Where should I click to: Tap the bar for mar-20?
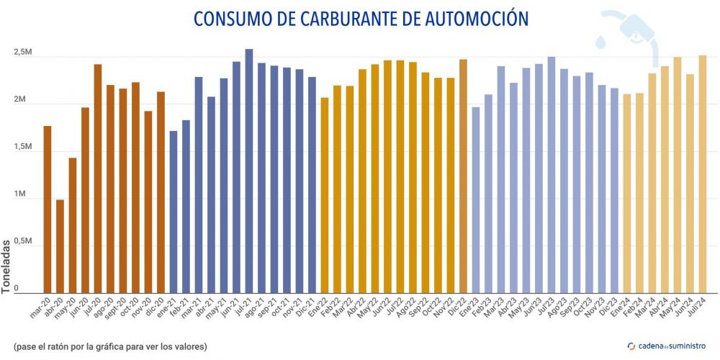click(x=48, y=209)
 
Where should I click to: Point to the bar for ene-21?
click(x=174, y=212)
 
